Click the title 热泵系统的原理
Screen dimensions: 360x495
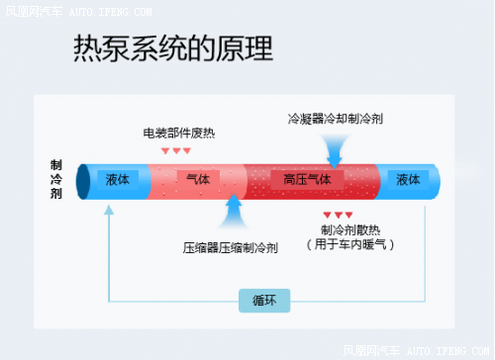coord(173,49)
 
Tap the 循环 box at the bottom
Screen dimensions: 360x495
coord(263,299)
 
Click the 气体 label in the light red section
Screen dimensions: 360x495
coord(198,180)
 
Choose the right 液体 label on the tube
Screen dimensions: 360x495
coord(408,180)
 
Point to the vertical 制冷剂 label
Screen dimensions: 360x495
coord(55,179)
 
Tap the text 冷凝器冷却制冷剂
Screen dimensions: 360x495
coord(335,119)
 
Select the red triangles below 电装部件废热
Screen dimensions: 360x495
coord(176,150)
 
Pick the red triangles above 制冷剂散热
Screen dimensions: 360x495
coord(338,214)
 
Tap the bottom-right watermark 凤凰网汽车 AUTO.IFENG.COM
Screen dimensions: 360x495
coord(416,350)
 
